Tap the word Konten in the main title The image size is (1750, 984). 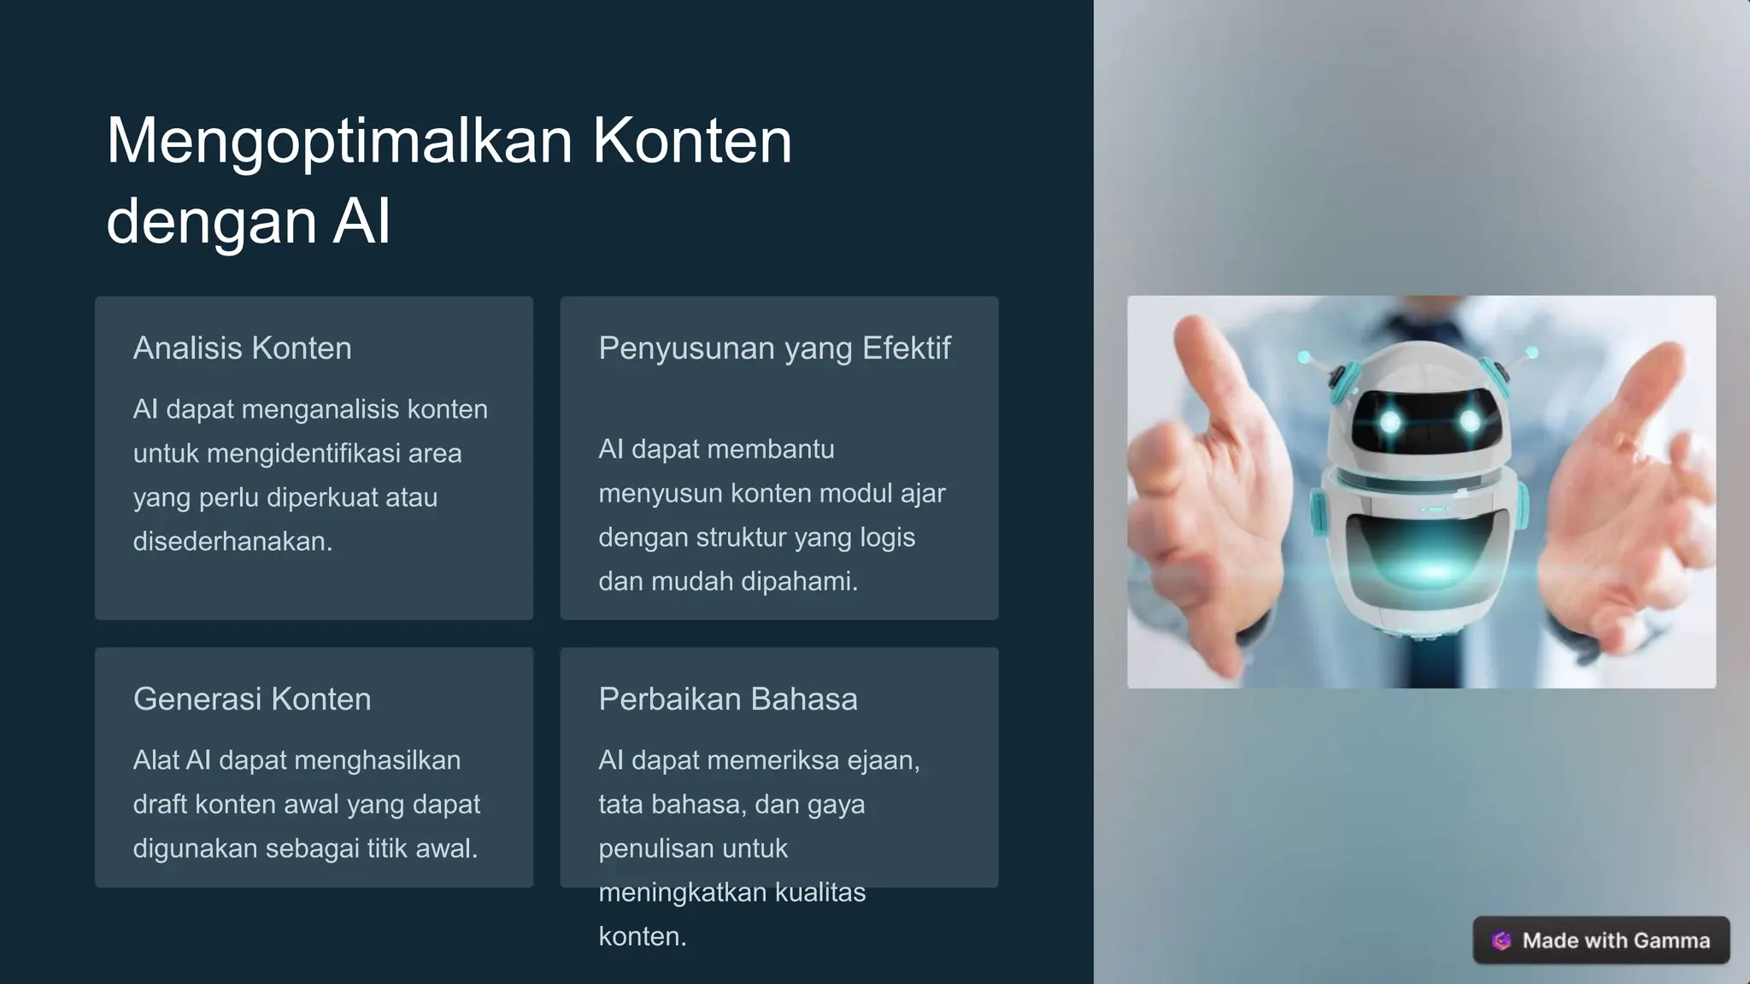pyautogui.click(x=692, y=142)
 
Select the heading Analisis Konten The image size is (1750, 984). pyautogui.click(x=243, y=348)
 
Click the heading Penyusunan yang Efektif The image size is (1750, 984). pyautogui.click(x=774, y=348)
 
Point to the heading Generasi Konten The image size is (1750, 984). pyautogui.click(x=252, y=700)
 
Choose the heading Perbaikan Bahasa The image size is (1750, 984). pyautogui.click(x=728, y=700)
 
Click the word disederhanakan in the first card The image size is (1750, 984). pyautogui.click(x=232, y=542)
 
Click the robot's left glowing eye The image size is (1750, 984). pyautogui.click(x=1391, y=421)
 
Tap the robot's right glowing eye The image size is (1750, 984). pyautogui.click(x=1470, y=421)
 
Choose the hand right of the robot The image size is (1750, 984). pyautogui.click(x=1624, y=487)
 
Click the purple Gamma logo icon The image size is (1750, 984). pyautogui.click(x=1501, y=940)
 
